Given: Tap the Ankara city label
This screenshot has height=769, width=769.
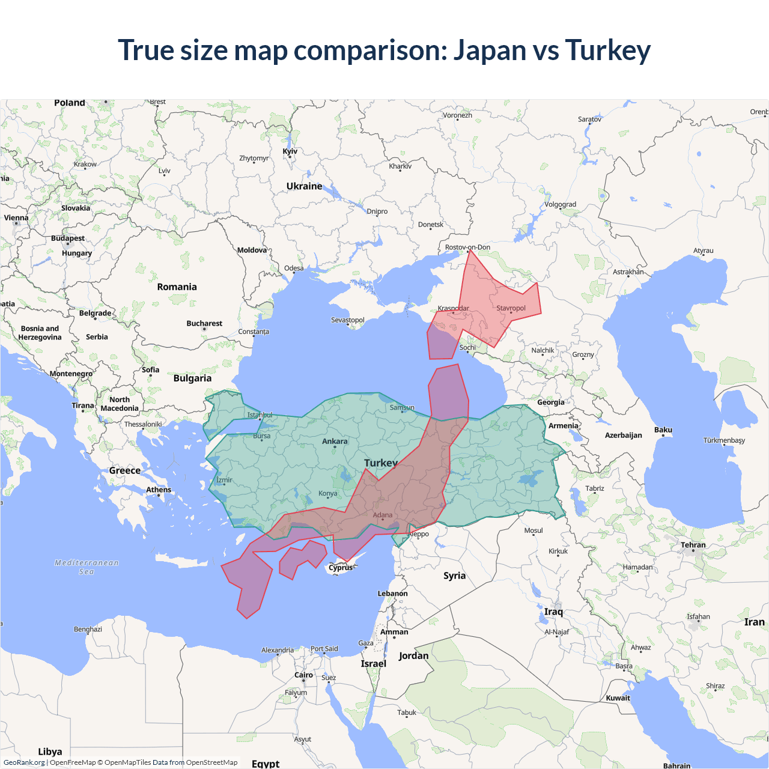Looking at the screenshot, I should click(x=335, y=442).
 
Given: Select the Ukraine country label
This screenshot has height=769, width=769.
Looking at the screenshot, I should click(x=304, y=186).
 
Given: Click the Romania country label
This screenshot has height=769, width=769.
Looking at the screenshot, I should click(x=177, y=287).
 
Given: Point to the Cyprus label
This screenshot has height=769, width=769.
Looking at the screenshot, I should click(x=341, y=568).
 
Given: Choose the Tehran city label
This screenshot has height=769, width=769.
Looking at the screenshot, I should click(x=693, y=546).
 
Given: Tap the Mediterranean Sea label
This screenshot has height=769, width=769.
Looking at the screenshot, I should click(x=87, y=567).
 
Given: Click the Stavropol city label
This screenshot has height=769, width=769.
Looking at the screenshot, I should click(x=511, y=308).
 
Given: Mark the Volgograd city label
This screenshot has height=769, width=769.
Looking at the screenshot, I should click(x=560, y=205).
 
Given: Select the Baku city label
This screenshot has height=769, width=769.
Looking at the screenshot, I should click(x=663, y=430).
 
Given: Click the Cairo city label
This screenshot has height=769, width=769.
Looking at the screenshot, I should click(x=303, y=675).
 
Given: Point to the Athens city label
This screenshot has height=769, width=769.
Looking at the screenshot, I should click(x=159, y=490).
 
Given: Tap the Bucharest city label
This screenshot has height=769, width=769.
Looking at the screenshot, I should click(x=204, y=324).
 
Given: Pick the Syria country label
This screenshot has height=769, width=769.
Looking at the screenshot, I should click(x=454, y=576).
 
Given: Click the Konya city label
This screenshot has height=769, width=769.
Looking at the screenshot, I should click(x=327, y=494).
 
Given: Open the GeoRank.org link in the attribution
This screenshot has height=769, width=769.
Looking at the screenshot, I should click(x=24, y=762).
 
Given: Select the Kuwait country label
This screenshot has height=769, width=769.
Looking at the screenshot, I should click(x=618, y=698).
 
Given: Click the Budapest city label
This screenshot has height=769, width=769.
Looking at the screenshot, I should click(x=68, y=239).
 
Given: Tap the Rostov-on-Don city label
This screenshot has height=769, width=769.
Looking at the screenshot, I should click(x=467, y=248).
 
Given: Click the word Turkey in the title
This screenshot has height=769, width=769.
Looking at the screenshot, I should click(x=607, y=50).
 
